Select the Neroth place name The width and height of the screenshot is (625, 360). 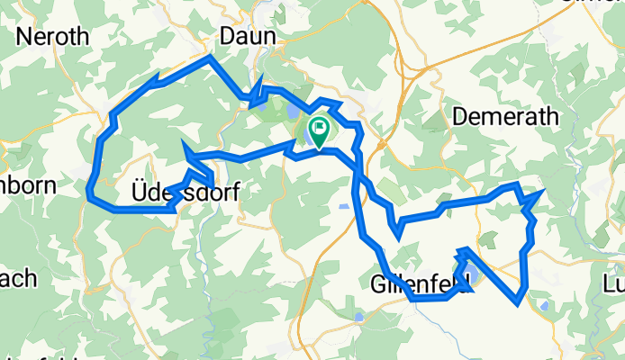[52, 37]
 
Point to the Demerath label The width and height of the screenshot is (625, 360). [505, 116]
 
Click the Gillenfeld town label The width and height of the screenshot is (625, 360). [421, 284]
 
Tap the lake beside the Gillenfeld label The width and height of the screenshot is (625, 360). [469, 273]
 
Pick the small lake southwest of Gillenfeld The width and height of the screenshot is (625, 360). [360, 317]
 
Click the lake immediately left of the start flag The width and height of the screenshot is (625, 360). [307, 136]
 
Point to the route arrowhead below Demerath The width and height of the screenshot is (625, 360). [538, 193]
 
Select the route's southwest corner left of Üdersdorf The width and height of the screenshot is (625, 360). [89, 192]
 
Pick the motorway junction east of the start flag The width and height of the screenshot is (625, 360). [383, 141]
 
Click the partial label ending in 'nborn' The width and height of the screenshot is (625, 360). [27, 186]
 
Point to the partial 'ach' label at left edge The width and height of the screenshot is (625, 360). [18, 277]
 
